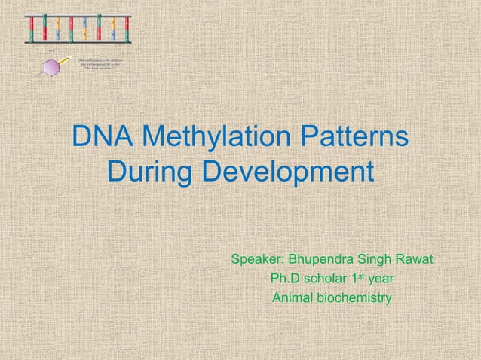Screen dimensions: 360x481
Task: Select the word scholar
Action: pyautogui.click(x=330, y=280)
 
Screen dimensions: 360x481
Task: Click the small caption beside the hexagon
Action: pyautogui.click(x=100, y=63)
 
